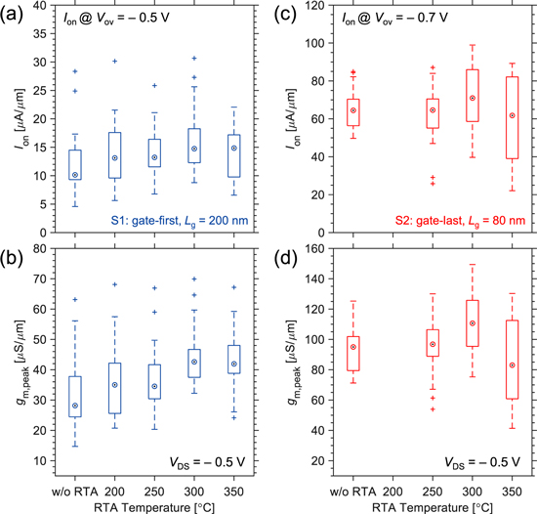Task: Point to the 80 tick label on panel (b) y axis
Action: pyautogui.click(x=33, y=248)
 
